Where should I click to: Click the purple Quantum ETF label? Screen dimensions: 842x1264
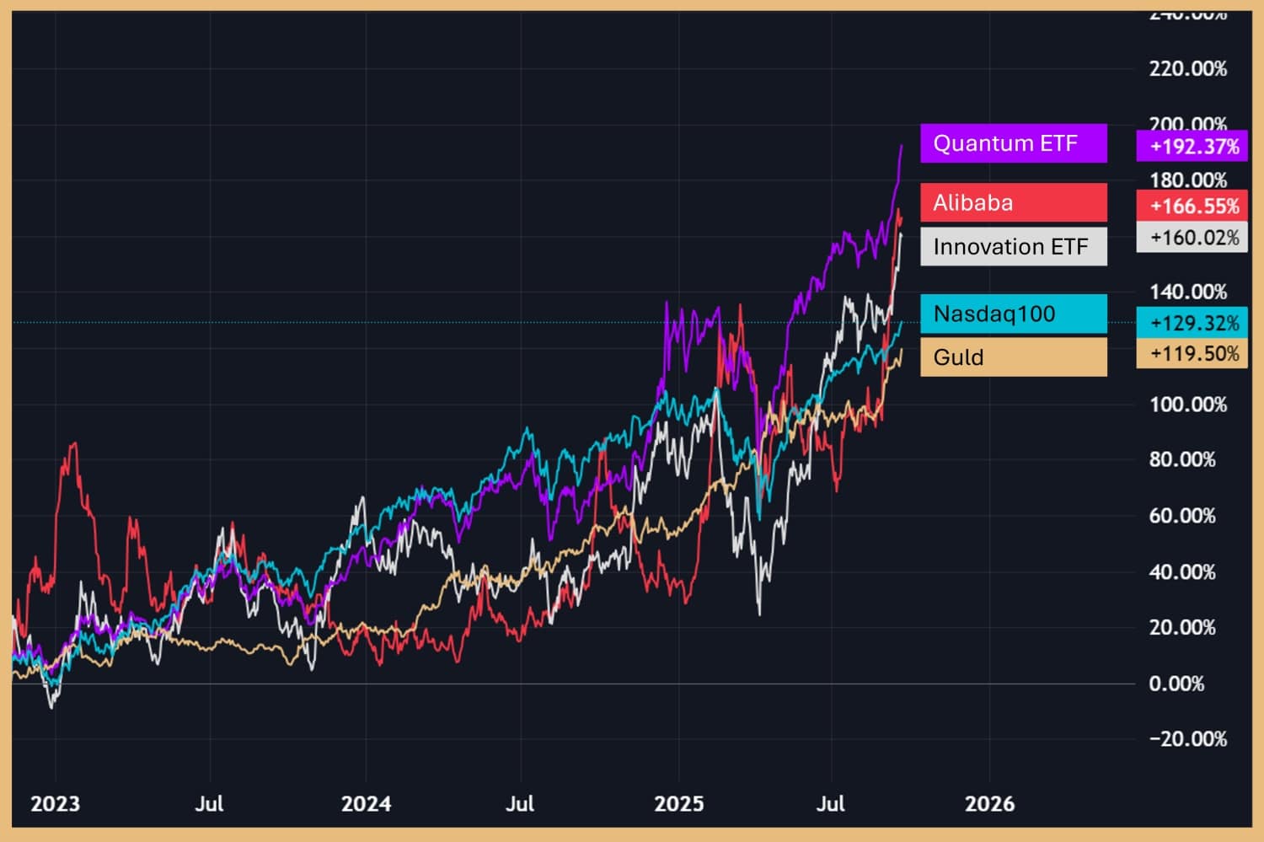point(1013,143)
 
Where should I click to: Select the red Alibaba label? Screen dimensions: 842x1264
point(1013,202)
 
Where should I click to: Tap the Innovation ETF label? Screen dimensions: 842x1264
point(1013,247)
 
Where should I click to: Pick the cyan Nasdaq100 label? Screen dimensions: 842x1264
point(1013,314)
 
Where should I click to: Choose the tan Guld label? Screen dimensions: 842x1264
point(1013,357)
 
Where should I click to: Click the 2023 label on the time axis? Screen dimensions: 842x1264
point(55,804)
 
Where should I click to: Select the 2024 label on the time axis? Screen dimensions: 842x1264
point(366,804)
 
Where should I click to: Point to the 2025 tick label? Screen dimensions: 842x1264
point(679,804)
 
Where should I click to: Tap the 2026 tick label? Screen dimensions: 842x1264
point(989,804)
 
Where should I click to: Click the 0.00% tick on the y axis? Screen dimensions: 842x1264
point(1176,684)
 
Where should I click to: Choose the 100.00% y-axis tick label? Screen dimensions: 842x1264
point(1188,405)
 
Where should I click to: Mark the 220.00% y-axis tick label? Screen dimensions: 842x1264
point(1188,69)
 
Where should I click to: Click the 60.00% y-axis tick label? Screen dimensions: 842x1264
point(1182,516)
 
